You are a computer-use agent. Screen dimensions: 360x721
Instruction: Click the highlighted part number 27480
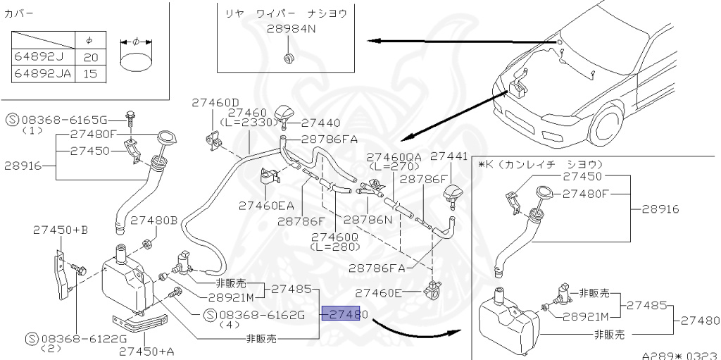341,314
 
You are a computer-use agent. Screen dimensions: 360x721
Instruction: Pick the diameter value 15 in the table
90,73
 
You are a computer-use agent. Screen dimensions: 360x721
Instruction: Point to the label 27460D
215,103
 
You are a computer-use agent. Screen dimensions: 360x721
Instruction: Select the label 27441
449,156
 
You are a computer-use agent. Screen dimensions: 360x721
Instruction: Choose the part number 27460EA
266,206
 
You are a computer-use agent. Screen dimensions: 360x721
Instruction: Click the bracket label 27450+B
61,230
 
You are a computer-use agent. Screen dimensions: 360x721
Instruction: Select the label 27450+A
146,350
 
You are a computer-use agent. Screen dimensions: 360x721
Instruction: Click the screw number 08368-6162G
258,314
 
